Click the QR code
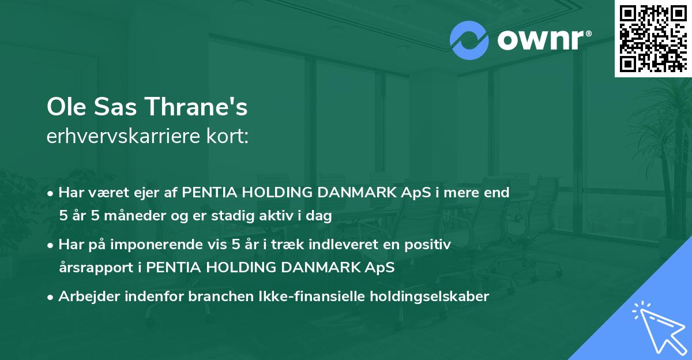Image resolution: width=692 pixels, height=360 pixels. click(x=653, y=38)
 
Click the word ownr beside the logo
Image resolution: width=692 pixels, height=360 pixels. click(x=543, y=40)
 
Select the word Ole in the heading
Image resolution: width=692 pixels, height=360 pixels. click(x=63, y=108)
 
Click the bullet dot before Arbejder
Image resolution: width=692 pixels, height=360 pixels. click(x=51, y=297)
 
